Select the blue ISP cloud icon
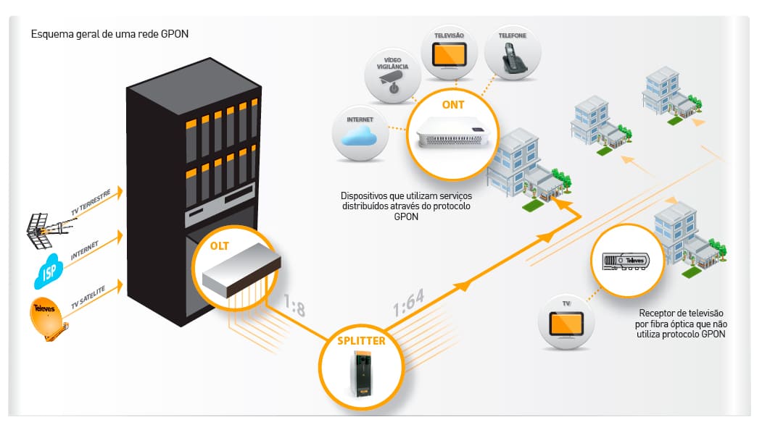(49, 271)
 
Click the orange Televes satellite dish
(48, 318)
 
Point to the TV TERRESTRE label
(91, 201)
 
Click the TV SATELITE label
(88, 298)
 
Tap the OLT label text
(220, 246)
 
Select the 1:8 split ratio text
(294, 306)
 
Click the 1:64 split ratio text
(409, 303)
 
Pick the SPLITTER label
(361, 341)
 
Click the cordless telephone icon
(513, 58)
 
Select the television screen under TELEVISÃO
(449, 56)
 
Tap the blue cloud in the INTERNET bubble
(359, 135)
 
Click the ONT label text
(452, 105)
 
